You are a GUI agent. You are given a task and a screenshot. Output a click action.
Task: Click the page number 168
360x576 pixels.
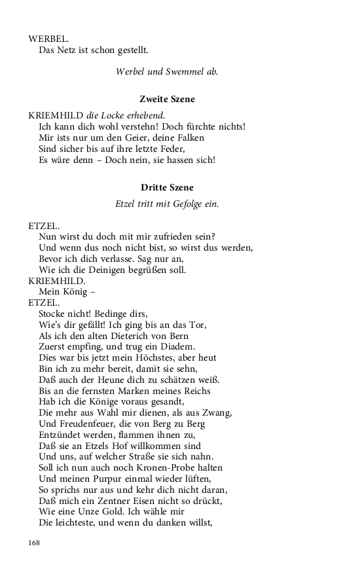click(x=35, y=543)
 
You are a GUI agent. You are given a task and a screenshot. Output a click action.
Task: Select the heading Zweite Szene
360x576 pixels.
click(x=167, y=99)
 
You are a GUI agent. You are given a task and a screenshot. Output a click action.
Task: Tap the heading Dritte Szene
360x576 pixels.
click(x=167, y=187)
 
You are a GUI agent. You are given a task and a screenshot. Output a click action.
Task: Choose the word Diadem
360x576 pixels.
click(x=178, y=346)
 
